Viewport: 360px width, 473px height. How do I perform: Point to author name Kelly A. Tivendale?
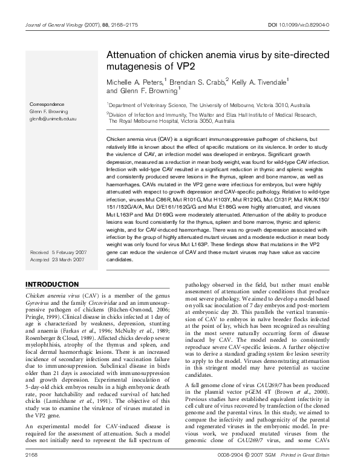(260, 81)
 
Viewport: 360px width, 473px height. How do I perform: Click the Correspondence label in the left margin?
(47, 104)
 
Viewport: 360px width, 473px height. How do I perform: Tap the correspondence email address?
(53, 119)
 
